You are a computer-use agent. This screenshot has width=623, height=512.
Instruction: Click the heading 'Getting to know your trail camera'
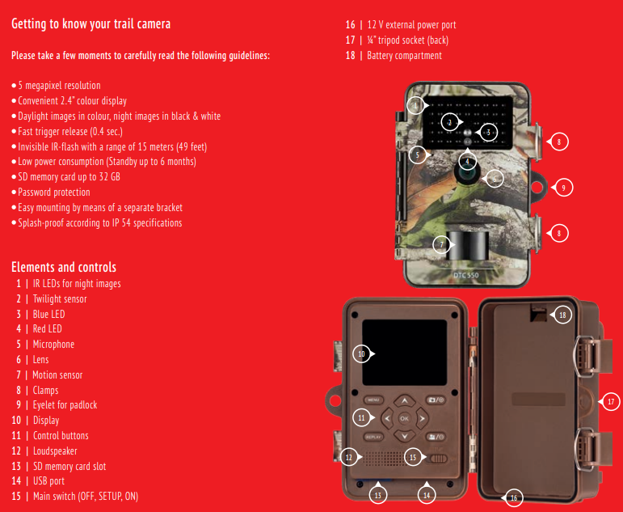click(x=91, y=23)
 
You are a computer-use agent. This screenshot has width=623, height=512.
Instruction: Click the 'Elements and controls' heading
click(x=64, y=267)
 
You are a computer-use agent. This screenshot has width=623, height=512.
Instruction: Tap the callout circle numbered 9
click(x=562, y=187)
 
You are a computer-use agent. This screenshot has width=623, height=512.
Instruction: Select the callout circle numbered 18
click(x=562, y=315)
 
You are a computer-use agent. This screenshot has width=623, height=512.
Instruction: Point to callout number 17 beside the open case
click(x=610, y=400)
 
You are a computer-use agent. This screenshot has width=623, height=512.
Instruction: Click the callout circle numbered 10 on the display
click(x=361, y=353)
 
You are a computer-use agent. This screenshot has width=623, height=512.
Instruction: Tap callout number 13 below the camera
click(x=377, y=493)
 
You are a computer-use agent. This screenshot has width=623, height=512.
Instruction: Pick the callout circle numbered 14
click(x=427, y=493)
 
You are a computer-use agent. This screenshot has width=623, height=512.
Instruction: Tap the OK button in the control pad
click(x=403, y=418)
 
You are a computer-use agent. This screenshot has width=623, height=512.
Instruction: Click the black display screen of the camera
click(x=404, y=353)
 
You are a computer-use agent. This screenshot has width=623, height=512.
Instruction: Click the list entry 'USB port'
click(x=48, y=481)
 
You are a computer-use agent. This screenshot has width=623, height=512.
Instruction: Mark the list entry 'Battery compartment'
click(x=403, y=56)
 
